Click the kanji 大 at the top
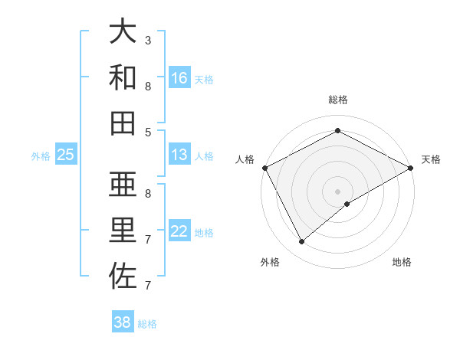(x=123, y=32)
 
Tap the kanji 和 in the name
(x=123, y=77)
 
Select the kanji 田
(x=123, y=123)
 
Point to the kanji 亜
(x=123, y=185)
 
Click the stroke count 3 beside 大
(x=148, y=40)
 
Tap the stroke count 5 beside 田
(x=148, y=132)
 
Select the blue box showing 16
(x=179, y=78)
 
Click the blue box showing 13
(x=179, y=155)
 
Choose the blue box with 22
(x=179, y=231)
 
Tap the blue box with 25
(x=66, y=155)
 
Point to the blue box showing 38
(x=123, y=322)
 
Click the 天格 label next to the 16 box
(x=204, y=79)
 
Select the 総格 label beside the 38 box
(x=147, y=323)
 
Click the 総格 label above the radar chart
(x=338, y=100)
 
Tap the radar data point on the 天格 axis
(x=411, y=169)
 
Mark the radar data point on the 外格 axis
(x=302, y=242)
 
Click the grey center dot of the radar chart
(x=338, y=191)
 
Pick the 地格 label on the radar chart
(x=402, y=262)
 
